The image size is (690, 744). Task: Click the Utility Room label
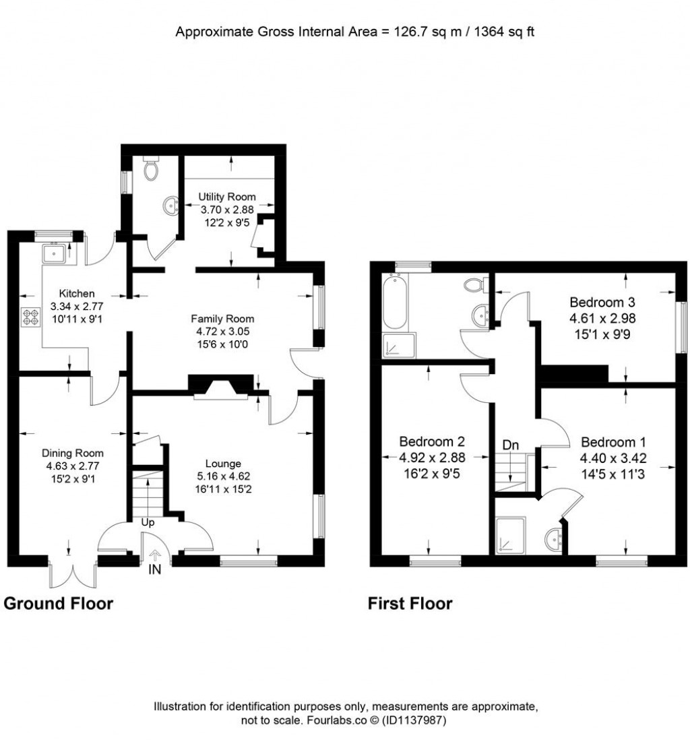pyautogui.click(x=227, y=196)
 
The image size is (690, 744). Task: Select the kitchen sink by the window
pyautogui.click(x=55, y=253)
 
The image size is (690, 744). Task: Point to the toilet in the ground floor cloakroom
pyautogui.click(x=152, y=168)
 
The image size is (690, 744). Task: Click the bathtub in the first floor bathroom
pyautogui.click(x=395, y=302)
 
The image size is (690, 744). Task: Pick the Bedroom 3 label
pyautogui.click(x=602, y=302)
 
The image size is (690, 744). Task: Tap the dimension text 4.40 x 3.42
pyautogui.click(x=613, y=458)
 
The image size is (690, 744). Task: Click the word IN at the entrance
pyautogui.click(x=155, y=569)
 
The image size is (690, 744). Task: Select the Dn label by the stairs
pyautogui.click(x=510, y=445)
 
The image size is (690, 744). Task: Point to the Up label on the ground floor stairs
pyautogui.click(x=148, y=522)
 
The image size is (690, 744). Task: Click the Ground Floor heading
pyautogui.click(x=59, y=604)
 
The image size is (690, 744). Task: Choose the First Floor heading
pyautogui.click(x=410, y=604)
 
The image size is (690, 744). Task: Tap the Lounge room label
pyautogui.click(x=223, y=464)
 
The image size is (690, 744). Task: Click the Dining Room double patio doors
pyautogui.click(x=73, y=574)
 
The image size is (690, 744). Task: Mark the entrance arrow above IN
pyautogui.click(x=155, y=555)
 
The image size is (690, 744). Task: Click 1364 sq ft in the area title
pyautogui.click(x=505, y=32)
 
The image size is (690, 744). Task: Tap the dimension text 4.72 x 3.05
pyautogui.click(x=222, y=331)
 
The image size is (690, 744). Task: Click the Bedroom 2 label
pyautogui.click(x=432, y=442)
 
